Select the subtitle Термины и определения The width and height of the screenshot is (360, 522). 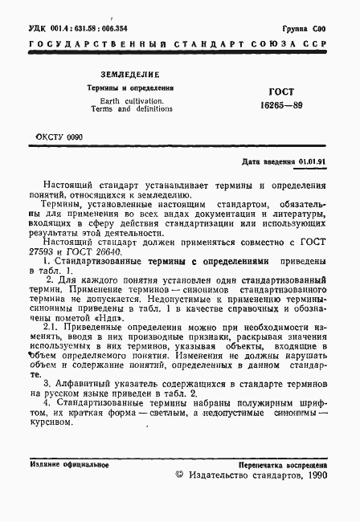click(131, 87)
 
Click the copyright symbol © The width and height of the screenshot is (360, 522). click(179, 476)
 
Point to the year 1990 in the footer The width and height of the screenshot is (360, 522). click(313, 476)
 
